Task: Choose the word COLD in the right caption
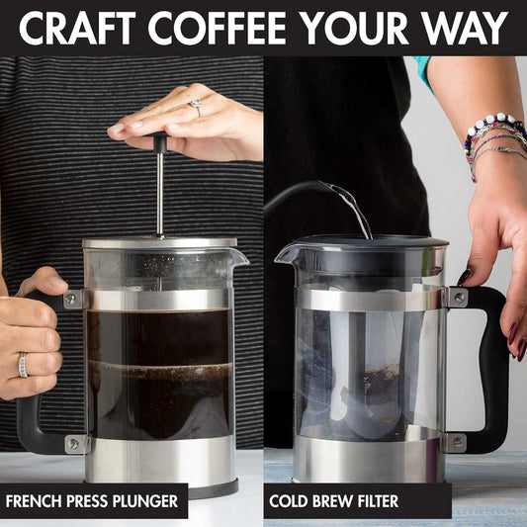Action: coord(293,501)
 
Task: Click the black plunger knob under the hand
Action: coord(159,142)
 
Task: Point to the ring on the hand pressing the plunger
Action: coord(197,106)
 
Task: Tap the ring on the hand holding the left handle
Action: coord(23,365)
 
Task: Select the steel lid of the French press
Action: coord(159,243)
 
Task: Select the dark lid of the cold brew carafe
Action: coord(356,246)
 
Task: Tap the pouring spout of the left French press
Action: coord(238,257)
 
